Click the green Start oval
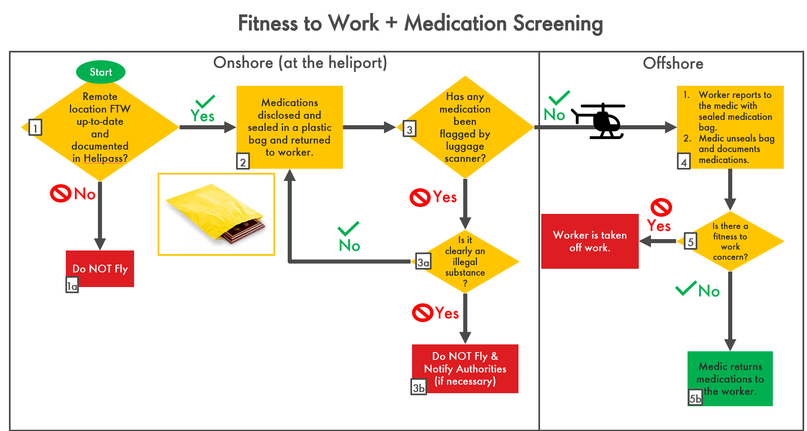(x=101, y=72)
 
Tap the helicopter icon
(x=600, y=121)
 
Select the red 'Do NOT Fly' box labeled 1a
(x=100, y=268)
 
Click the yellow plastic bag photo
(x=216, y=214)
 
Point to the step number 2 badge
(x=243, y=161)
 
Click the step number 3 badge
(x=409, y=129)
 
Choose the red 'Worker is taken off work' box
(x=590, y=241)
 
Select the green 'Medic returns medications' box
(x=730, y=378)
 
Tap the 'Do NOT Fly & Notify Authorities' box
(x=465, y=368)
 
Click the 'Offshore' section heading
(x=673, y=63)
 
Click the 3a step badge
(x=423, y=262)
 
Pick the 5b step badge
(x=695, y=398)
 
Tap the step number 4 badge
(x=684, y=161)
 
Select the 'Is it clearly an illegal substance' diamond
(x=465, y=261)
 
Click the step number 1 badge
(x=35, y=128)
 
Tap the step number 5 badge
(x=690, y=241)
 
